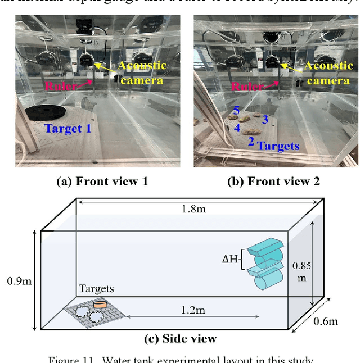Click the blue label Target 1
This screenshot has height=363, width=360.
coord(67,128)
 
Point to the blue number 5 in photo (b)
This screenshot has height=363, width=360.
coord(236,110)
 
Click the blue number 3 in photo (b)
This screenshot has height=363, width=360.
coord(265,120)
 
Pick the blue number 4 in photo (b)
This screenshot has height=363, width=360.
coord(237,128)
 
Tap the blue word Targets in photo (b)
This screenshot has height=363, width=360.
coord(278,146)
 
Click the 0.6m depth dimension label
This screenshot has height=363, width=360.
coord(326,321)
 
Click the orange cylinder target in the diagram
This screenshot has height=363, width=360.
coord(101,304)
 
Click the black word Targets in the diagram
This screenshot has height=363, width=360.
coord(96,289)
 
